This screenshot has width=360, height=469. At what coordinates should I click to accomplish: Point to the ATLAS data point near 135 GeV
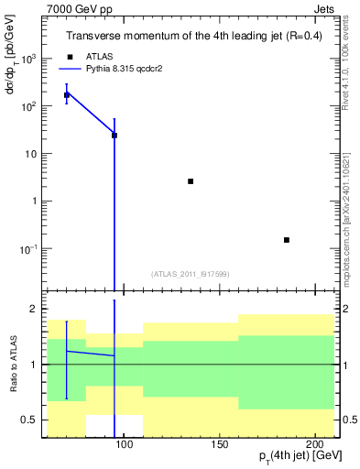click(191, 181)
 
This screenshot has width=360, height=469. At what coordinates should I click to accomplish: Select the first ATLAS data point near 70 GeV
click(67, 94)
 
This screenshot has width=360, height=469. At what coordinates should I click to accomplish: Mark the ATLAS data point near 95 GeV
click(115, 135)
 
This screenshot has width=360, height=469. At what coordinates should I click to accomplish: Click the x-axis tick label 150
click(219, 444)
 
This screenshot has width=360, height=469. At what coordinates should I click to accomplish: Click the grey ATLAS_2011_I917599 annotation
click(191, 273)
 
